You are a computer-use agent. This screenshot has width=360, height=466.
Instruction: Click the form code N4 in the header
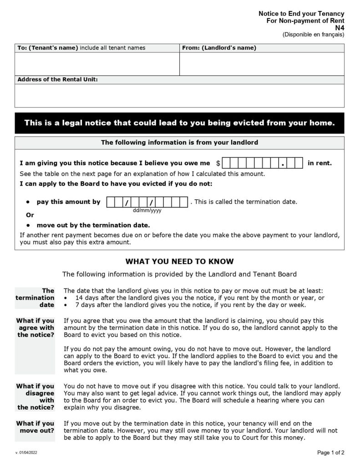339,27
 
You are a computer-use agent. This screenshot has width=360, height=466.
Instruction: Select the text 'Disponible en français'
313,34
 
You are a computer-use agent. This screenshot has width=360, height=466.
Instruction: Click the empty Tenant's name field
97,64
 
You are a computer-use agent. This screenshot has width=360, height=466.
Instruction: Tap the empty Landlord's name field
262,64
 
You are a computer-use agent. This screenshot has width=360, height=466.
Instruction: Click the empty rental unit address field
179,95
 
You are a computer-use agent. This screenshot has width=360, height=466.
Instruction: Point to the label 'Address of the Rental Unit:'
57,79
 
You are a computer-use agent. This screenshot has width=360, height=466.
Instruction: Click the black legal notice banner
179,123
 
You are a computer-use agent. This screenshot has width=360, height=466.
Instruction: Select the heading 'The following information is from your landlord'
179,142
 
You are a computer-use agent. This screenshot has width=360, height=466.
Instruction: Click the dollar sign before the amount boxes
218,163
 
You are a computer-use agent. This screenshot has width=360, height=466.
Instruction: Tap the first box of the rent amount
228,163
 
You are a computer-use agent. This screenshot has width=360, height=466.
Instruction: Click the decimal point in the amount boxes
283,164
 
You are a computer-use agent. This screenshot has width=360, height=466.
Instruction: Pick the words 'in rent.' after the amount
319,163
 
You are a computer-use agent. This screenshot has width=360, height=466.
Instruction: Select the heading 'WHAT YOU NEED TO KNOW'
179,262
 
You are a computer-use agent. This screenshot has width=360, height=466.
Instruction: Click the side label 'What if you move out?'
35,427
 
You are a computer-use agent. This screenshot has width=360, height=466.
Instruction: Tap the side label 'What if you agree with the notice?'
35,328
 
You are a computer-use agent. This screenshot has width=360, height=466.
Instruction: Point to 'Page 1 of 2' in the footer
330,452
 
